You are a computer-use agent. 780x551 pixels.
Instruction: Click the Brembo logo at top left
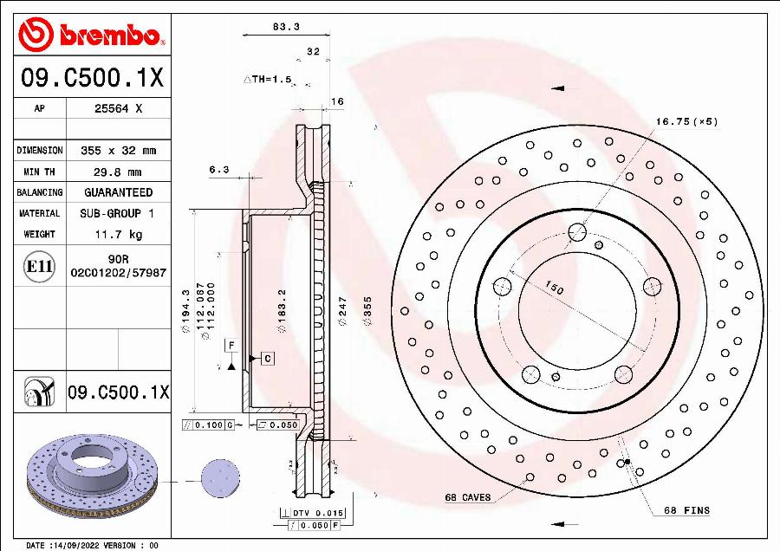coord(91,36)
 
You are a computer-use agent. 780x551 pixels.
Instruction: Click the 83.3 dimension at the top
coord(286,27)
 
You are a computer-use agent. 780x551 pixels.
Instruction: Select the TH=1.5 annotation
coord(269,79)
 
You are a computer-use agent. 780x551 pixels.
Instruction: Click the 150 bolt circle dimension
coord(554,288)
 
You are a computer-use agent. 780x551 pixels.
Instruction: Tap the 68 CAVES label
coord(468,497)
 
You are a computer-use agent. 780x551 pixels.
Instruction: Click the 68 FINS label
coord(686,510)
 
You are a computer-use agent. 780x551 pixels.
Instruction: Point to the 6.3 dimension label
coord(218,171)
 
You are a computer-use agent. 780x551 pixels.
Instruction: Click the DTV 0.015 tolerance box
coord(311,514)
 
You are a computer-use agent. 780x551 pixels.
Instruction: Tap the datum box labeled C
coord(268,358)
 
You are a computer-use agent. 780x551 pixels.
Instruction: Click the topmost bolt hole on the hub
coord(576,232)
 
